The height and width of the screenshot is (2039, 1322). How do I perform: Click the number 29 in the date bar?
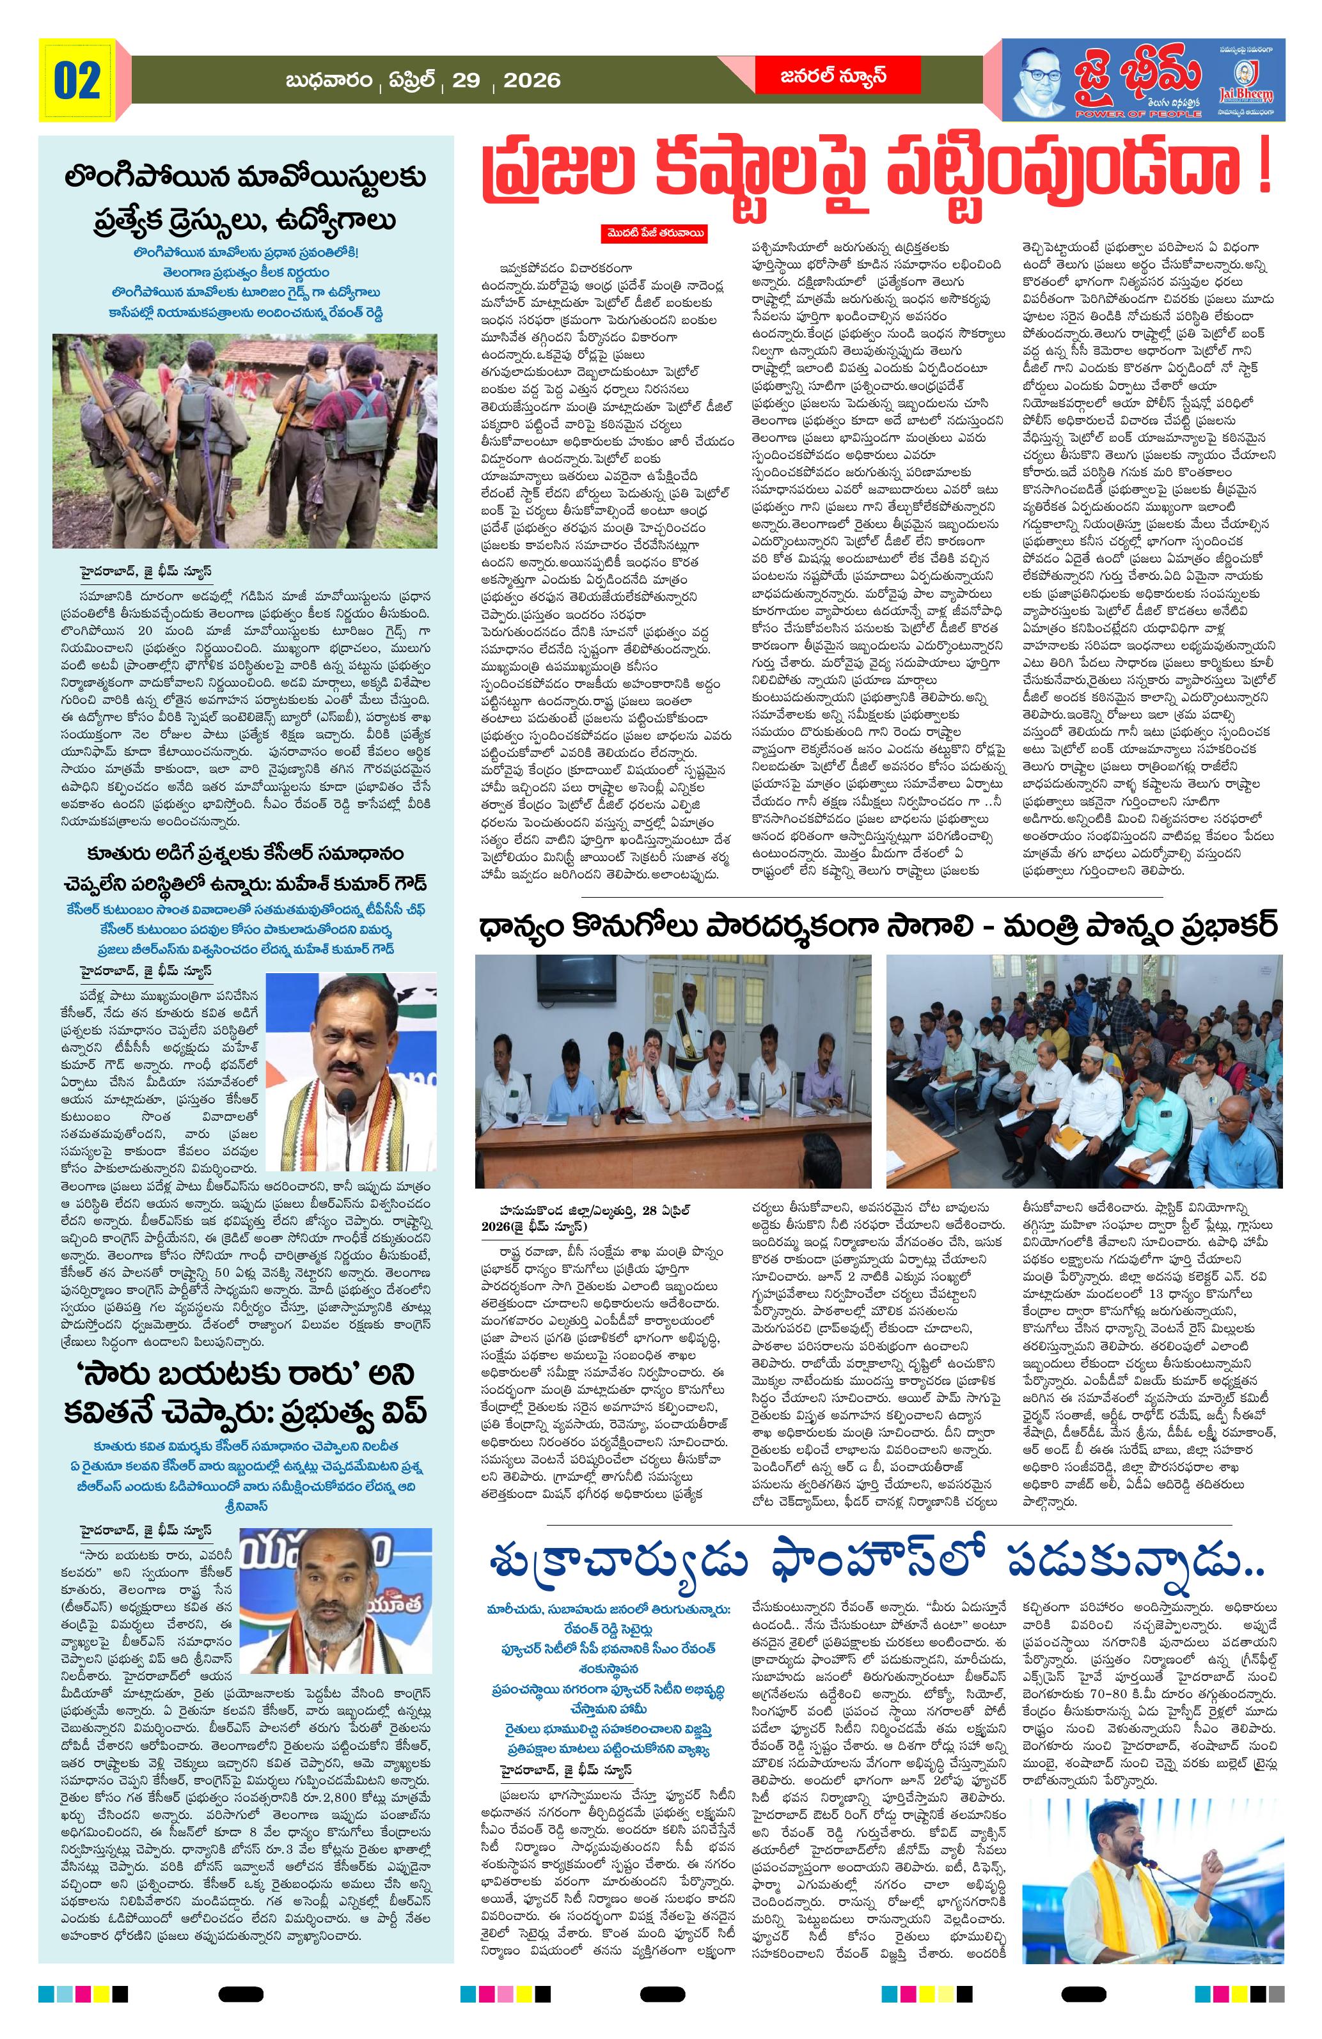[466, 81]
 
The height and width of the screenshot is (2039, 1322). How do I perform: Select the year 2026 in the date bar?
[531, 81]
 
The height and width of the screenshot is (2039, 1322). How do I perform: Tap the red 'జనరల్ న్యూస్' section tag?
[833, 76]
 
